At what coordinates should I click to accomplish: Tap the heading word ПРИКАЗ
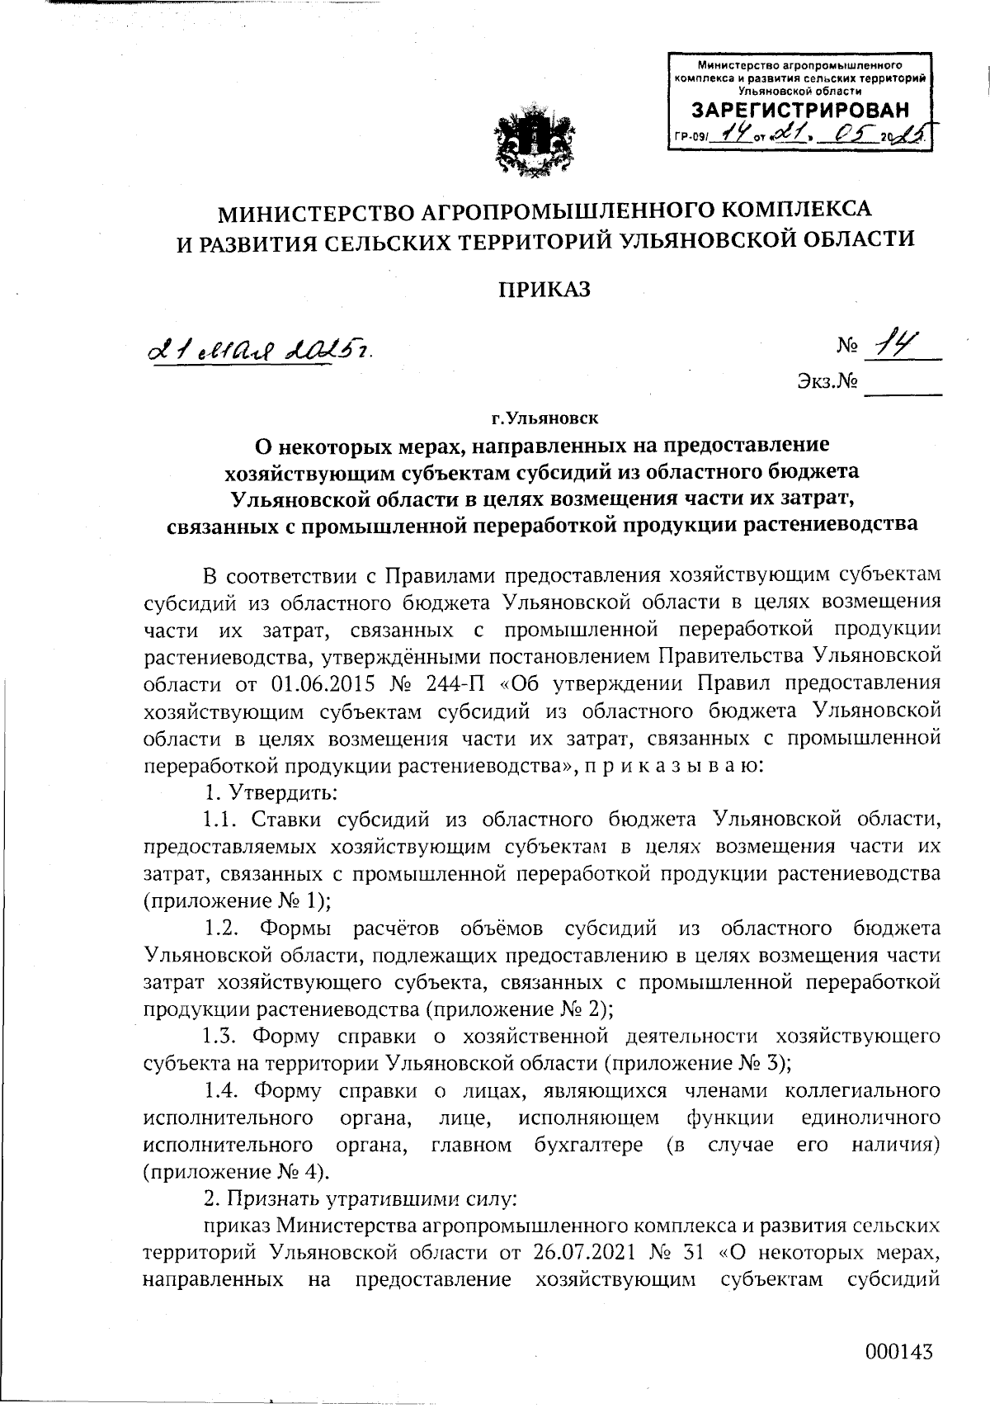click(544, 289)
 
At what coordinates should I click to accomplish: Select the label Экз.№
click(827, 381)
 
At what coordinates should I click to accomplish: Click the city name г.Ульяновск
click(544, 418)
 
